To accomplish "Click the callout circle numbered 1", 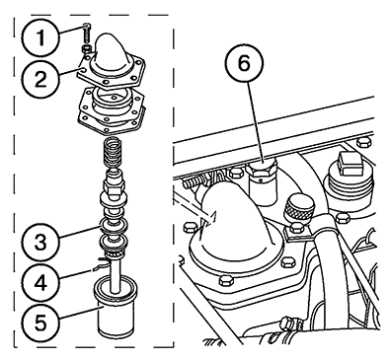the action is (40, 37).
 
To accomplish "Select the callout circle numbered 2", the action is (40, 79).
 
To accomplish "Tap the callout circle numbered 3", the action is (40, 242).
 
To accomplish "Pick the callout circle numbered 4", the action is (40, 282).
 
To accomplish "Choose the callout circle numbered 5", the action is (40, 323).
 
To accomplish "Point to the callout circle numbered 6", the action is (244, 64).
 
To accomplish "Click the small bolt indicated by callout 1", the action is (87, 33).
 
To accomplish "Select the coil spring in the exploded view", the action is (114, 153).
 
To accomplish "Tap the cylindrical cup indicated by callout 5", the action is (116, 307).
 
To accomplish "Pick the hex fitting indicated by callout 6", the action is (263, 171).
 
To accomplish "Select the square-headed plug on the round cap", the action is (350, 164).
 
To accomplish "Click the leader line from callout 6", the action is (255, 120).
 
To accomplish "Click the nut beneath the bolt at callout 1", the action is (86, 49).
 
